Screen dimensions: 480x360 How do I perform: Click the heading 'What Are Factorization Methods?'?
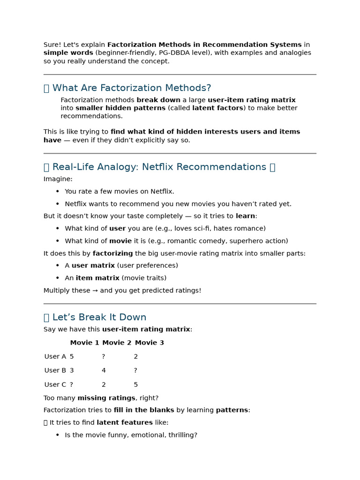pyautogui.click(x=131, y=88)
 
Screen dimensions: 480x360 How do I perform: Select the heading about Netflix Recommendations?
pyautogui.click(x=159, y=167)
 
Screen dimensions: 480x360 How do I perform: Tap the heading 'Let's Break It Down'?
pyautogui.click(x=99, y=317)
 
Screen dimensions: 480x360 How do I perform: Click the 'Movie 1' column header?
pyautogui.click(x=84, y=343)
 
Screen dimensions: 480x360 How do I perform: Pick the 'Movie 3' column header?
pyautogui.click(x=149, y=343)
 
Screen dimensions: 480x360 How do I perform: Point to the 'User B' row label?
pyautogui.click(x=55, y=370)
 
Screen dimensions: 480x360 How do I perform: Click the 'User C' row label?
pyautogui.click(x=55, y=384)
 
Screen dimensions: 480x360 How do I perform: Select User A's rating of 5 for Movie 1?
pyautogui.click(x=72, y=357)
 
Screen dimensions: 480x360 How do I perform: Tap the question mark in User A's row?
pyautogui.click(x=104, y=357)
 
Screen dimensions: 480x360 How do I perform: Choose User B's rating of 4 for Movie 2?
pyautogui.click(x=104, y=370)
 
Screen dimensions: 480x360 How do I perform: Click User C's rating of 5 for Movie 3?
pyautogui.click(x=136, y=384)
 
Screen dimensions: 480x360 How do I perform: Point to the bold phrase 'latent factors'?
pyautogui.click(x=217, y=108)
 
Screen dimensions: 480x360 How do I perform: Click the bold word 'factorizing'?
pyautogui.click(x=112, y=254)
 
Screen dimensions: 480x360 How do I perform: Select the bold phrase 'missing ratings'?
pyautogui.click(x=106, y=398)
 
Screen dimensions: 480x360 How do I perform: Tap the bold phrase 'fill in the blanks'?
pyautogui.click(x=143, y=410)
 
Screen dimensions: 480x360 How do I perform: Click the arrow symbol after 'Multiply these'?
pyautogui.click(x=95, y=291)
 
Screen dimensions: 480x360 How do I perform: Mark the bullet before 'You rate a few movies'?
pyautogui.click(x=58, y=192)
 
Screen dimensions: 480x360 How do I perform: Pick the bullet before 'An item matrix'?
pyautogui.click(x=58, y=278)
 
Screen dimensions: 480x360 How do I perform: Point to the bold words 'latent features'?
pyautogui.click(x=124, y=423)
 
